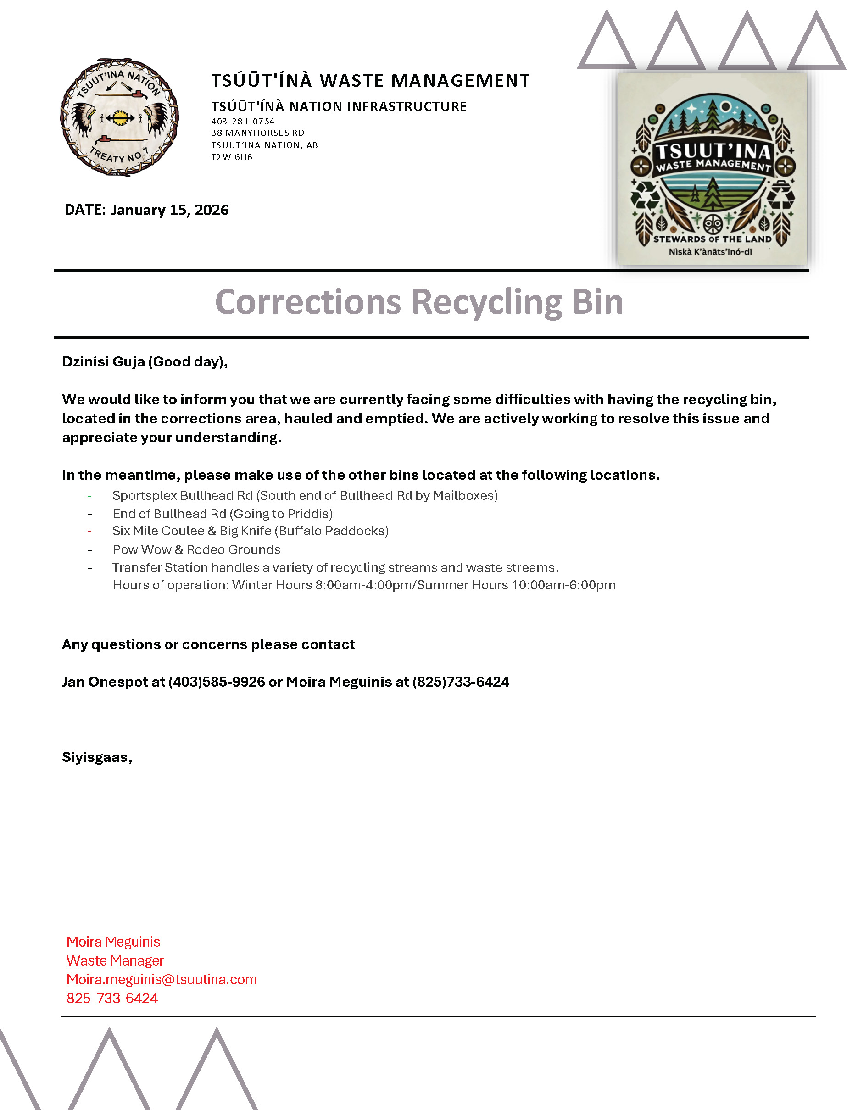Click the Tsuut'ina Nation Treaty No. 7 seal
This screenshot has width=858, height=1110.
(119, 117)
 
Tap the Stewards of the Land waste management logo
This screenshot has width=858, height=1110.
(712, 169)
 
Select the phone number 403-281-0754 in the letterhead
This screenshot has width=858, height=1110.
(243, 122)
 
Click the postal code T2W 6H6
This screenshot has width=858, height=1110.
(232, 157)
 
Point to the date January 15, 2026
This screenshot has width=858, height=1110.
(170, 210)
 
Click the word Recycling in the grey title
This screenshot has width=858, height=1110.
(487, 302)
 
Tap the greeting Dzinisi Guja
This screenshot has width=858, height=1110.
(104, 361)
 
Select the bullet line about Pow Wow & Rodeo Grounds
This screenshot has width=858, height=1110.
(196, 549)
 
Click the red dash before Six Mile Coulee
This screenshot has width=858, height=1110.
(89, 531)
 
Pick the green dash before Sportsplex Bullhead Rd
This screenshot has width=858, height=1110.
(89, 495)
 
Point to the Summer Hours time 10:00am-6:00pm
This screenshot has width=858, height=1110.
(563, 585)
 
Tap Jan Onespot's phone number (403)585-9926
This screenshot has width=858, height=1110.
(217, 682)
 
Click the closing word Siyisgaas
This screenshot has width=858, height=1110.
(95, 757)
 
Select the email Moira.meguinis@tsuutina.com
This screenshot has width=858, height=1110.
(162, 979)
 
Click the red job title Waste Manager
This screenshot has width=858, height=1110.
(115, 960)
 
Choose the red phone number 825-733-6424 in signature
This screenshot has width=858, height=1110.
(112, 998)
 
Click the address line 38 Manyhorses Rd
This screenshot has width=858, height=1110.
(258, 133)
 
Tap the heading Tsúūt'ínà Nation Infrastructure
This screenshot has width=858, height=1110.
(339, 106)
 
